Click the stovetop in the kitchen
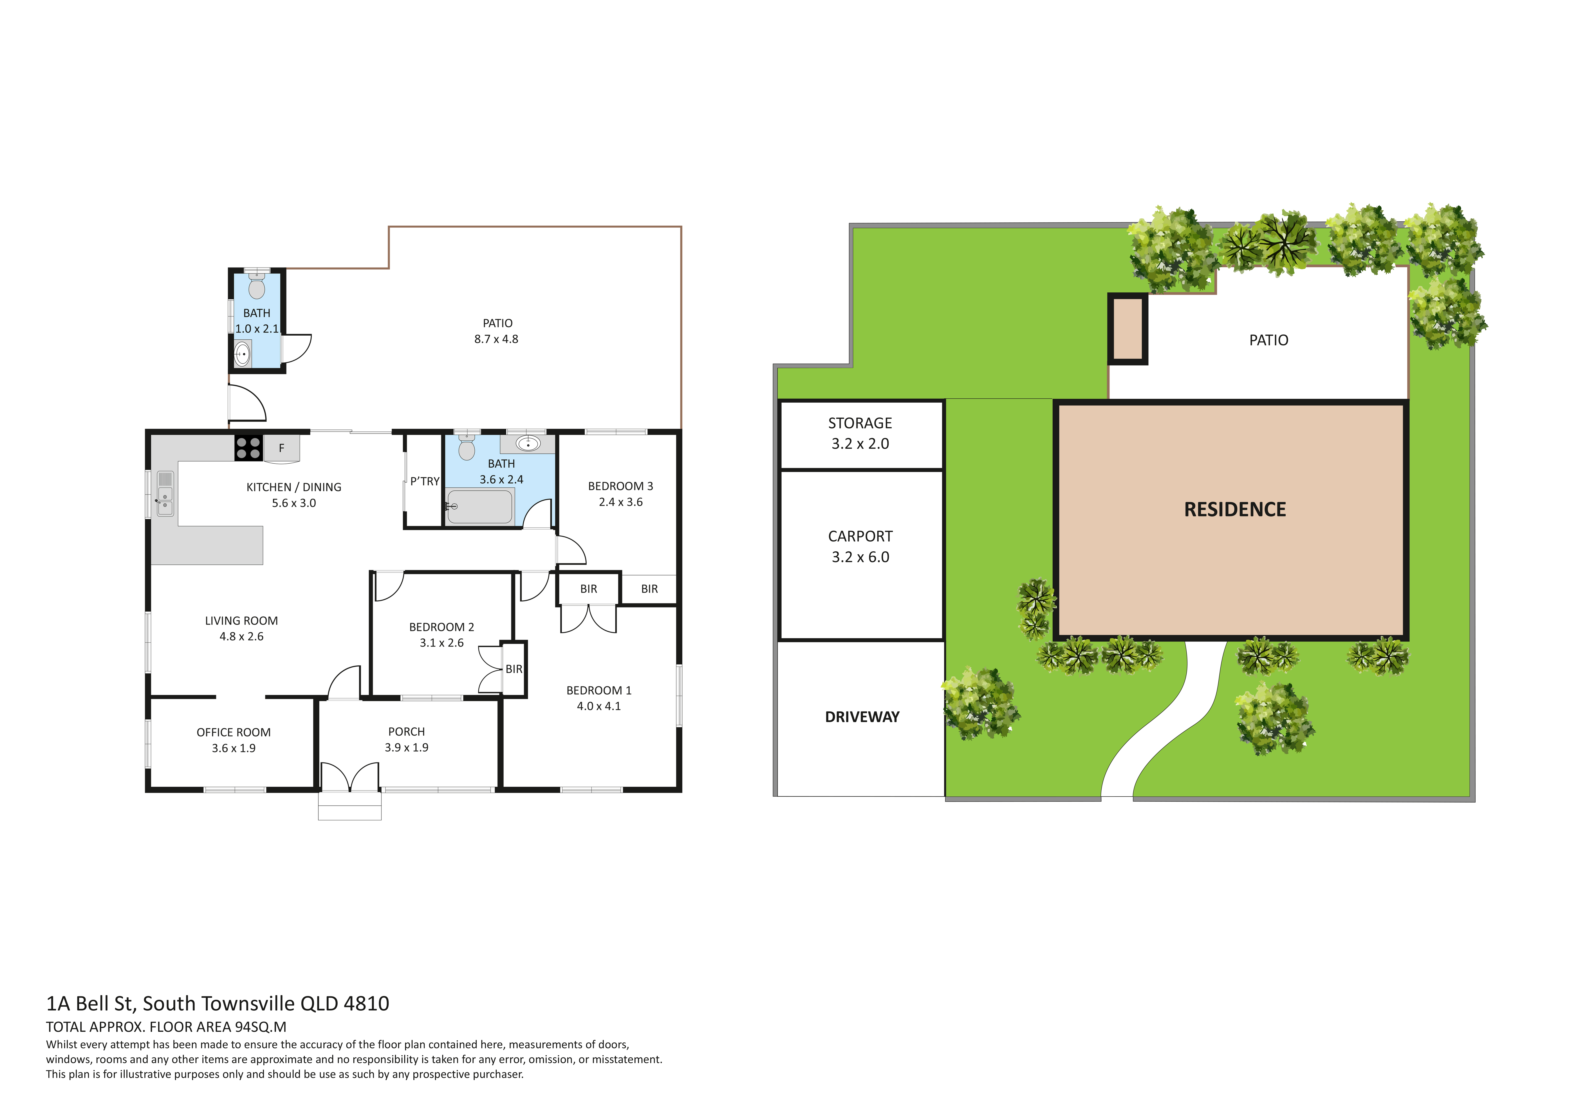pos(248,448)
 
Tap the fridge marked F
pos(281,448)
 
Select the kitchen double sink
pos(165,493)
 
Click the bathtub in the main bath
pos(479,507)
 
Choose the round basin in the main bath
pos(528,443)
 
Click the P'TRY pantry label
pos(425,481)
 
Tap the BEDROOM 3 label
pos(621,486)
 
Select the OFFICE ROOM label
pos(234,732)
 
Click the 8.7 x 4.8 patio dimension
pos(496,339)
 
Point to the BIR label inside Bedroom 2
pos(514,669)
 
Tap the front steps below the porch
pos(350,806)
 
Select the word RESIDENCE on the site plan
pos(1235,509)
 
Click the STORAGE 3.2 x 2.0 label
pos(861,433)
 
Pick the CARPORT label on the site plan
pos(861,536)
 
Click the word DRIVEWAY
pos(862,717)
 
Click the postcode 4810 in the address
pos(366,1004)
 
